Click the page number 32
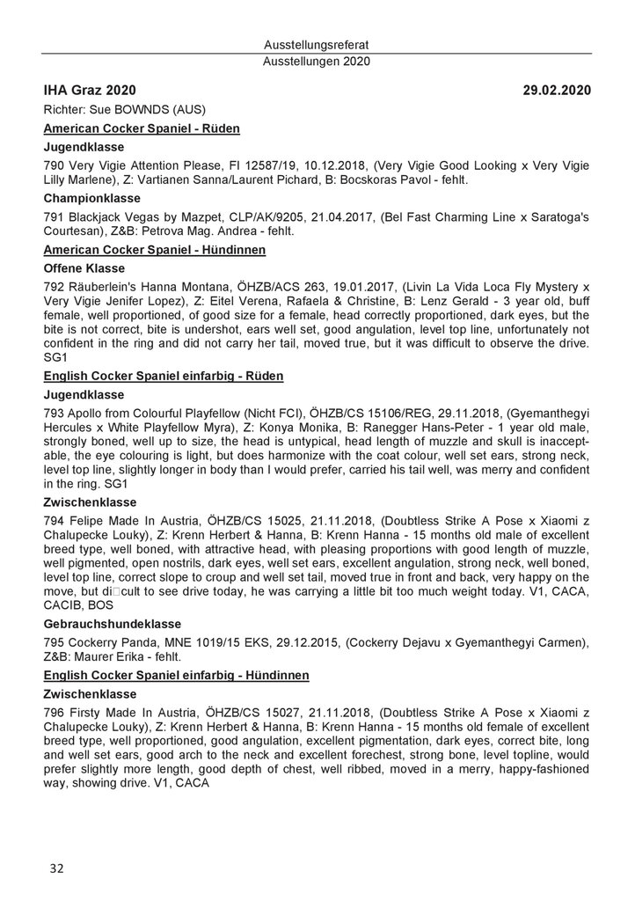[x=56, y=868]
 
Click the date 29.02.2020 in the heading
[x=556, y=90]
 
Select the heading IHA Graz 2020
[x=90, y=90]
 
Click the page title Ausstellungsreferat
[x=317, y=45]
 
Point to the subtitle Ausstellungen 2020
[x=317, y=62]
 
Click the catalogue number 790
[x=54, y=165]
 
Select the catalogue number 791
[x=54, y=217]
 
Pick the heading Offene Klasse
[x=84, y=268]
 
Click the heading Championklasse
[x=89, y=199]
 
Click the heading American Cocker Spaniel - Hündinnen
[x=142, y=251]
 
